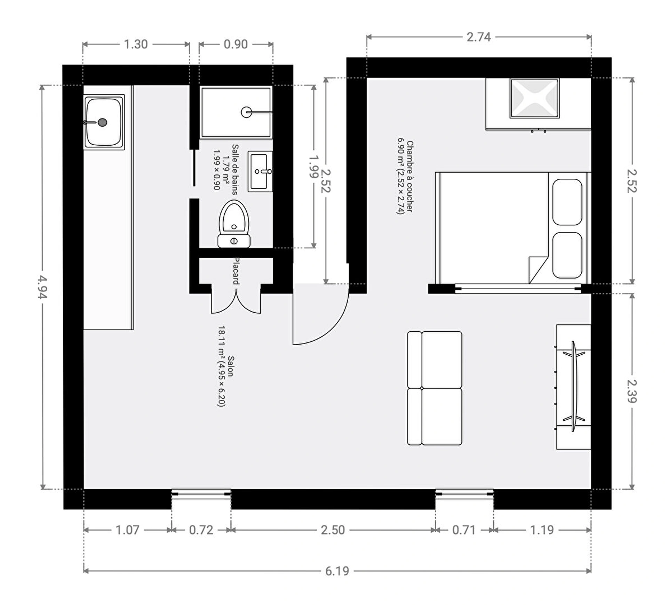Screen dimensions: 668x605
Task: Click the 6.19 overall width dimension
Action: pos(337,571)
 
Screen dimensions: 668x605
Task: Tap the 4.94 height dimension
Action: pos(42,287)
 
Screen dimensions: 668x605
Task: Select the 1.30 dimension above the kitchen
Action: pos(136,44)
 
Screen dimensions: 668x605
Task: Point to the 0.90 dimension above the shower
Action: pos(236,44)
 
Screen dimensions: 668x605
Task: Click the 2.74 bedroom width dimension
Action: pos(479,37)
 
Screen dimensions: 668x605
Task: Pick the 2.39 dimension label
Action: pos(632,391)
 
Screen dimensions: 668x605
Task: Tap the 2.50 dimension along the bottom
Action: pos(333,530)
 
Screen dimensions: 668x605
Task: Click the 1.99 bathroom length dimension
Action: pos(314,167)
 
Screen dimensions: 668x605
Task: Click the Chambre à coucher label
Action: pos(410,177)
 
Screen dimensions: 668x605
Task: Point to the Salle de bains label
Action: pos(235,170)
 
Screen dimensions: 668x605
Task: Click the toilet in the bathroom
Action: pos(234,224)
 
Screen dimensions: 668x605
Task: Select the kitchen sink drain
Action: pos(102,122)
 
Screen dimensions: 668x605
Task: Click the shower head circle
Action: pos(246,112)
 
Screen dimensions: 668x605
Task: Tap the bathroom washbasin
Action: pos(260,171)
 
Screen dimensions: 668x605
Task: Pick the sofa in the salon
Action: pos(435,388)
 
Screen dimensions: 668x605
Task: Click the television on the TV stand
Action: pos(574,387)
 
